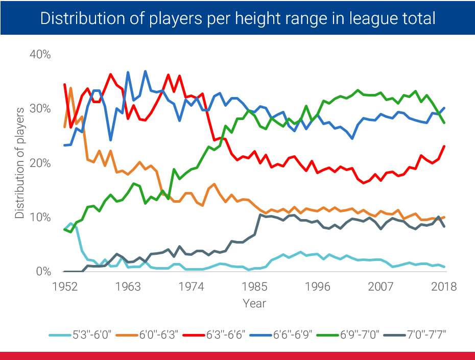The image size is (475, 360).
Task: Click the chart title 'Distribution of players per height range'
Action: [x=237, y=19]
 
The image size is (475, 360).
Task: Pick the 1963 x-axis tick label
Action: [x=128, y=286]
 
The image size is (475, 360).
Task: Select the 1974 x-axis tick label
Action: [x=191, y=286]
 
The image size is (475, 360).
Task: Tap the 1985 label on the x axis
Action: [x=254, y=286]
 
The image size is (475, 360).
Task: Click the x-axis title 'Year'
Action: [x=254, y=303]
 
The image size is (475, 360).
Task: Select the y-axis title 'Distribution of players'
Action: [x=19, y=163]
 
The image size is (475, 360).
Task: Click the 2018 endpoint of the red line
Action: [x=444, y=146]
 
